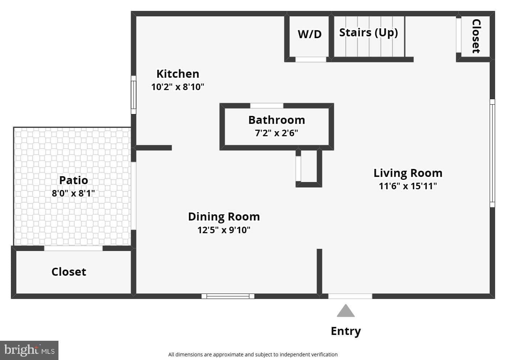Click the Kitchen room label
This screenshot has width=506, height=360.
(178, 74)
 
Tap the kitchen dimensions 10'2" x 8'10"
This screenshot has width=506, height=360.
(177, 87)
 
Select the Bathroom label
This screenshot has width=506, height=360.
(277, 120)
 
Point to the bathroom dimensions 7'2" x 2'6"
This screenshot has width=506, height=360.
(276, 133)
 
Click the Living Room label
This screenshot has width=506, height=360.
(408, 173)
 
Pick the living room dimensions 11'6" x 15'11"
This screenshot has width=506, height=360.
(408, 186)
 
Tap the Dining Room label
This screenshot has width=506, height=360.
(224, 217)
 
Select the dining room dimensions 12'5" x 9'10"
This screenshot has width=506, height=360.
(224, 230)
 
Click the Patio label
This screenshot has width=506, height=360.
(73, 180)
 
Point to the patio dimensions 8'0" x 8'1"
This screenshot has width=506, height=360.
(73, 193)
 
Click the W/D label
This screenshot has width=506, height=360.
(310, 35)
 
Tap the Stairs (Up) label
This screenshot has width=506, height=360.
(368, 33)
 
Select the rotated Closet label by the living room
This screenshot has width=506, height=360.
(476, 36)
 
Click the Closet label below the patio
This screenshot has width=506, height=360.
(69, 272)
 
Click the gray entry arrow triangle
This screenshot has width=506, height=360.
(346, 311)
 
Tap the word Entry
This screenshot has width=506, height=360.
(346, 332)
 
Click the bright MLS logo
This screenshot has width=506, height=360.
(29, 350)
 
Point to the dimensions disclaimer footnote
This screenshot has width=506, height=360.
(253, 354)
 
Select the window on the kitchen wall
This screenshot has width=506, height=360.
(134, 95)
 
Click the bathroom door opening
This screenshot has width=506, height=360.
(266, 106)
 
